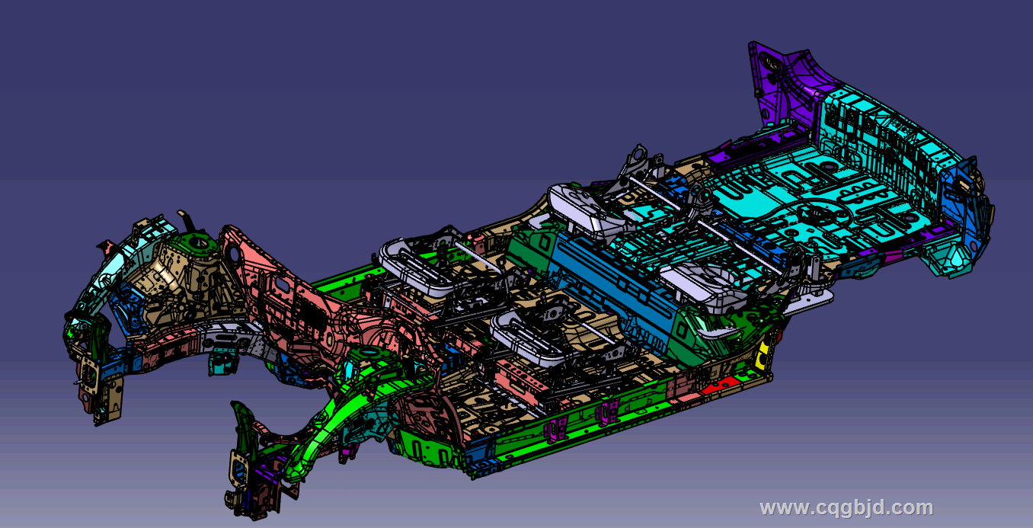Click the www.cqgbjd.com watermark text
[x=846, y=507]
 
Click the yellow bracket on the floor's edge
[x=763, y=356]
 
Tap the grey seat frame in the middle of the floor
[x=539, y=337]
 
